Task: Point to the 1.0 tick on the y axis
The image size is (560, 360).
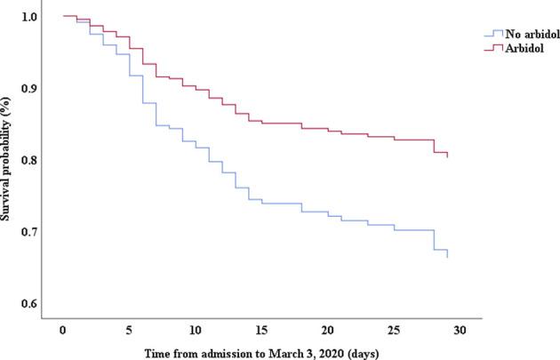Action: [x=28, y=17]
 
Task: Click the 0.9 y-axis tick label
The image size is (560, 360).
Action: [x=28, y=88]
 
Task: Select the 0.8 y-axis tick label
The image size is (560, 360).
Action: [x=28, y=160]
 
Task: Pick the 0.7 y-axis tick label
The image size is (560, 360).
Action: [x=28, y=232]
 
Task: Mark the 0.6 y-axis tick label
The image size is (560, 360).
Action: [x=28, y=304]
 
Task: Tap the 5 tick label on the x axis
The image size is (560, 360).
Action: [x=130, y=329]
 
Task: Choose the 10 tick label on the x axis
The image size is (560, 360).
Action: [x=196, y=329]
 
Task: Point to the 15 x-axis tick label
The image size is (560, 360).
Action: [x=261, y=329]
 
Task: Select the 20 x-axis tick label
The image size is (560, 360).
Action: [x=328, y=329]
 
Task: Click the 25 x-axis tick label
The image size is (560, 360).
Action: [x=395, y=329]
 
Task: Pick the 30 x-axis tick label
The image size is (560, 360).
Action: [x=460, y=329]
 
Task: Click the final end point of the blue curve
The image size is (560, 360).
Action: [x=447, y=258]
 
